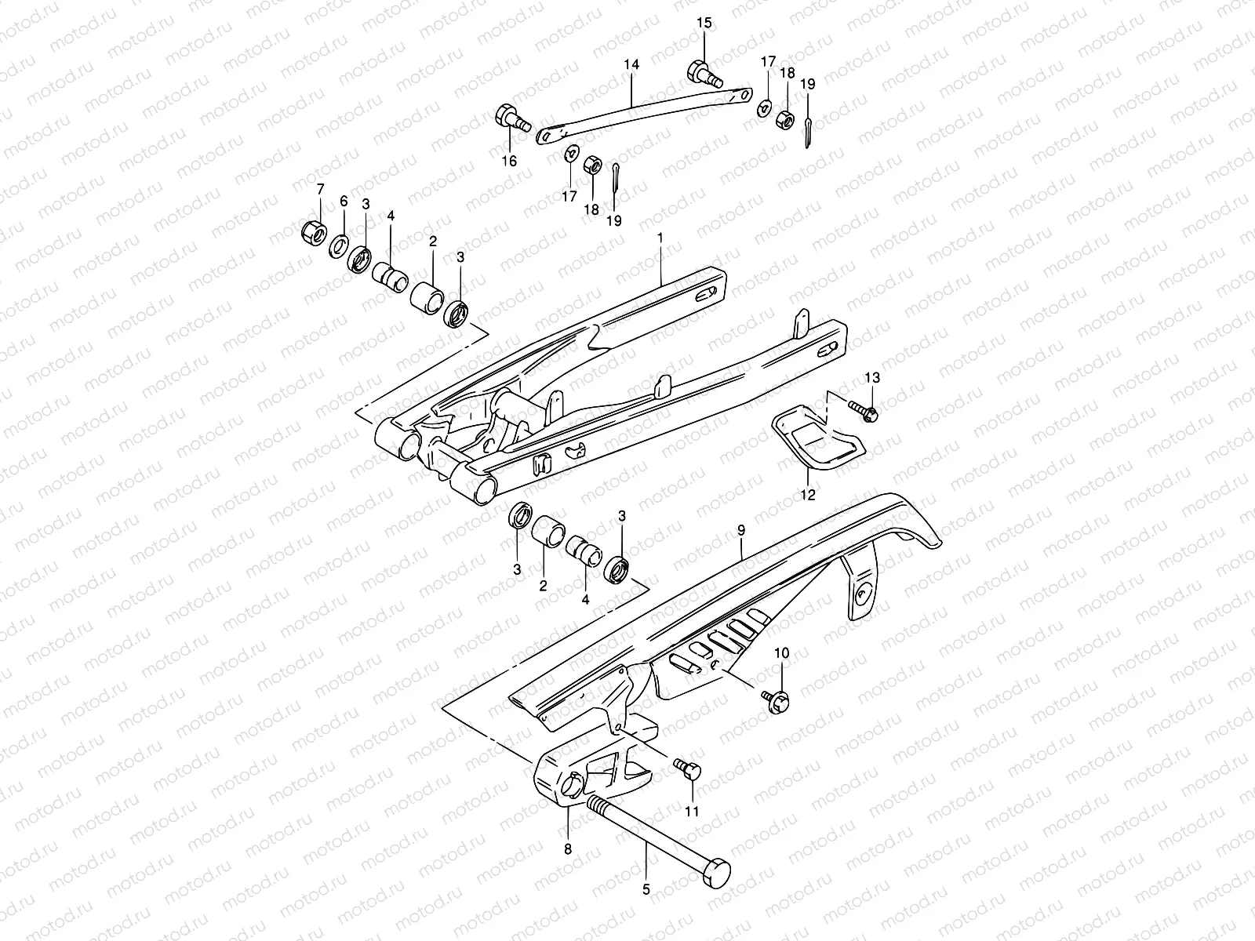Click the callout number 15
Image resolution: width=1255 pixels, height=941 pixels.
[x=704, y=23]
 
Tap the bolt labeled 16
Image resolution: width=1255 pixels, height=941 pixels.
[x=510, y=120]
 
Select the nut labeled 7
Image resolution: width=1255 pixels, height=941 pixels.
[x=314, y=231]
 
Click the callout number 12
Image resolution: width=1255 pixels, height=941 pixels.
[x=808, y=495]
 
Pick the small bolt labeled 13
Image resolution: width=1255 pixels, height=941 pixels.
[x=863, y=409]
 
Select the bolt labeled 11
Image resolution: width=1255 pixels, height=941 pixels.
[x=689, y=771]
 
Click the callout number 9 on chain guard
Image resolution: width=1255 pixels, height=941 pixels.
[x=741, y=531]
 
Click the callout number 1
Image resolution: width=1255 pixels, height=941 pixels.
[x=660, y=236]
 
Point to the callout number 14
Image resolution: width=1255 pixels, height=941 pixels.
[x=632, y=65]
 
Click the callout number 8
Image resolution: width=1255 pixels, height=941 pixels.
[x=567, y=848]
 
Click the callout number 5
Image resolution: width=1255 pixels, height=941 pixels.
[x=646, y=889]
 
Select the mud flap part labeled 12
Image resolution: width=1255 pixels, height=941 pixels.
[x=816, y=439]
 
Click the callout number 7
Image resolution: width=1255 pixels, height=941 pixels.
[x=319, y=189]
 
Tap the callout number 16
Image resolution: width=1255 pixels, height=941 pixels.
[x=509, y=161]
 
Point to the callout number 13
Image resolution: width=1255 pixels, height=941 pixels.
[x=873, y=378]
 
